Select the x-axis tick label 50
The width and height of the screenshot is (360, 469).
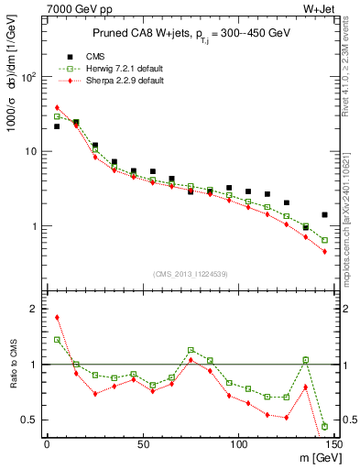[143, 444]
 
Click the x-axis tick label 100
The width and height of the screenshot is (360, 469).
[238, 444]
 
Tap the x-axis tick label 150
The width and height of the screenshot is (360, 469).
[333, 444]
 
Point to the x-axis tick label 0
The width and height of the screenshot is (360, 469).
[47, 444]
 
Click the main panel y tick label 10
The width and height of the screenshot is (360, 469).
[30, 151]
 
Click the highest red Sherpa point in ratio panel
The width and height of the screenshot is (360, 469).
[57, 318]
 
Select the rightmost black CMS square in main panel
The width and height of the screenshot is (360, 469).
[324, 215]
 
